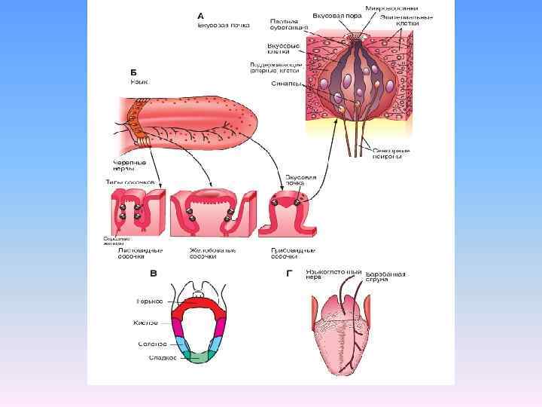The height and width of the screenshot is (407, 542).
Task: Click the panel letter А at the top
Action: [x=200, y=14]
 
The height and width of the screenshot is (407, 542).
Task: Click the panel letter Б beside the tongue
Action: [x=133, y=73]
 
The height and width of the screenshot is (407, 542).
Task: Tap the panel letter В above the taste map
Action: [x=153, y=273]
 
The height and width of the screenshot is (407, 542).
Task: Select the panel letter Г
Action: [x=289, y=273]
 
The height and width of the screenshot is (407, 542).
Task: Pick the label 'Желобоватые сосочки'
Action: [x=202, y=252]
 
